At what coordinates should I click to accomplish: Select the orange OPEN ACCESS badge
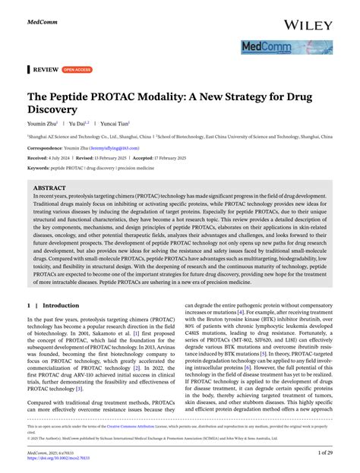77,70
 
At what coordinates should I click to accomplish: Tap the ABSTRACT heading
50,187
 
